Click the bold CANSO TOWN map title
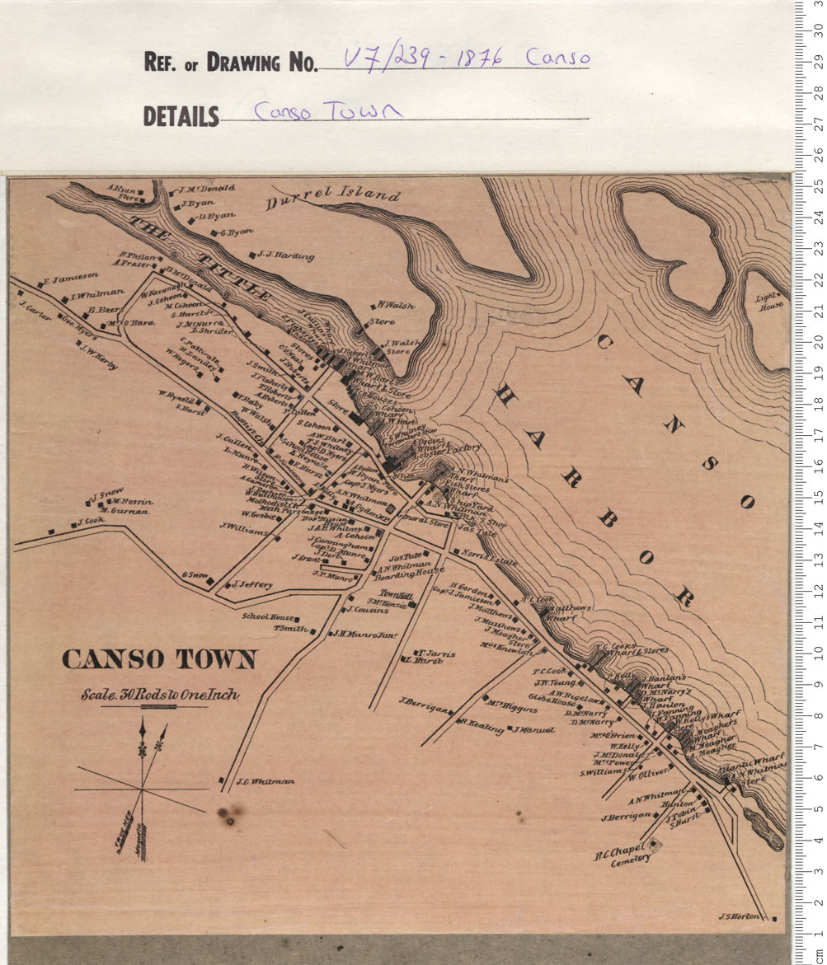(x=159, y=659)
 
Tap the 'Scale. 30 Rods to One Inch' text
(x=161, y=695)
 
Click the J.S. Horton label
(x=737, y=916)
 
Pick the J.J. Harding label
(x=285, y=255)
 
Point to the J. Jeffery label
(x=252, y=585)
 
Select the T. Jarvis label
(x=437, y=653)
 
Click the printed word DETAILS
(x=181, y=117)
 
